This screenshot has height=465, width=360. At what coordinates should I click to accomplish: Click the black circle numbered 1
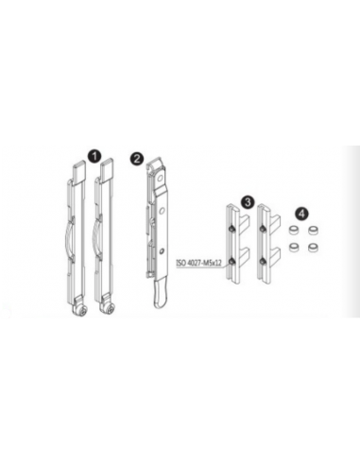(92, 151)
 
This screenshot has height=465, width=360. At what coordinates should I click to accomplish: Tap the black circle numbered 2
(138, 157)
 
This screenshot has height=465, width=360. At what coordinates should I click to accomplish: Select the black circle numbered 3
(247, 201)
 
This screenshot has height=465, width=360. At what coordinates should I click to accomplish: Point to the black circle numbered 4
(301, 214)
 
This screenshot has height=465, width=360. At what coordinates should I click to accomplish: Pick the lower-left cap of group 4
(294, 247)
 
